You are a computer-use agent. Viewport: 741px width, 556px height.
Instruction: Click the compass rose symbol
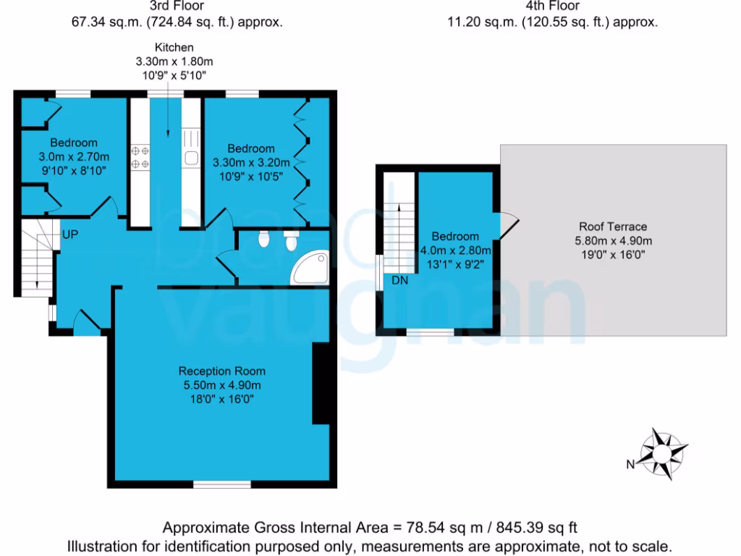(x=662, y=454)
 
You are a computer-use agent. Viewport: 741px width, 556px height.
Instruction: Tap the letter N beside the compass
(x=630, y=464)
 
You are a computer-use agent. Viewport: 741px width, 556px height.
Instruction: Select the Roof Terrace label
(x=613, y=226)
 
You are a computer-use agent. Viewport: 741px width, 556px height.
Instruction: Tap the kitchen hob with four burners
(x=140, y=157)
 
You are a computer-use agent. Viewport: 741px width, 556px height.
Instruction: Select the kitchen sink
(x=191, y=158)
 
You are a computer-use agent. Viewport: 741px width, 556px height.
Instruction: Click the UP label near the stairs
(x=70, y=235)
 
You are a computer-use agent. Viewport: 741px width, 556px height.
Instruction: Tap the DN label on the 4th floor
(x=400, y=280)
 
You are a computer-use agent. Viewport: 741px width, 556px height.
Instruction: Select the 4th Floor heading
(x=553, y=7)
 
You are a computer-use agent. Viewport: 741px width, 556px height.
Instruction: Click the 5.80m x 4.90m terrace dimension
(x=613, y=240)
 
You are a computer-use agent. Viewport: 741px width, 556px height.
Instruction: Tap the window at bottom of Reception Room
(x=221, y=484)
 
